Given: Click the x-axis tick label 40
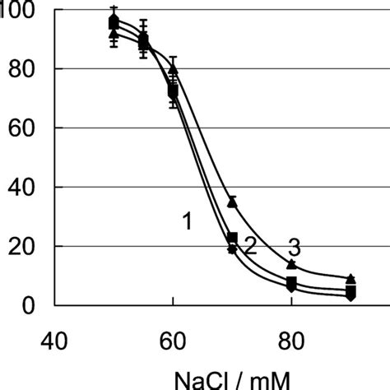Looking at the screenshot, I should (54, 339).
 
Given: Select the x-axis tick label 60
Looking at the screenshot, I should (173, 339).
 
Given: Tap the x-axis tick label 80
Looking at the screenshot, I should (291, 339).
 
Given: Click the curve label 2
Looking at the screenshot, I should (250, 244).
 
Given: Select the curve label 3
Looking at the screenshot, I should (293, 246).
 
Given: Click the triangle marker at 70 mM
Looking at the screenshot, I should (232, 202).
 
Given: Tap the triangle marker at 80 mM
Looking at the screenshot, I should (291, 264).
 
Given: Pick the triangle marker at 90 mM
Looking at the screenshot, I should (351, 279).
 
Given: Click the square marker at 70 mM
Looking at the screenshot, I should (232, 238).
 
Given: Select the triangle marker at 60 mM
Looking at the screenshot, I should (173, 69).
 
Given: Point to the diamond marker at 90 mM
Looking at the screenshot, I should (351, 296).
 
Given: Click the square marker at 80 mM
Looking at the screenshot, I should (291, 282).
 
